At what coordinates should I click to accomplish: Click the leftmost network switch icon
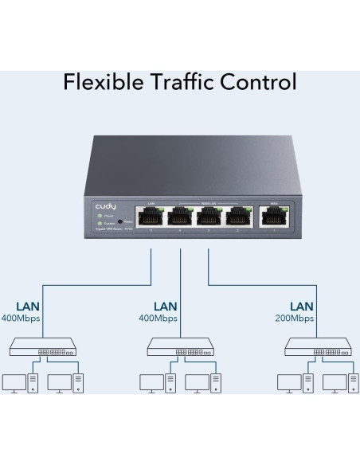point(41,346)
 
